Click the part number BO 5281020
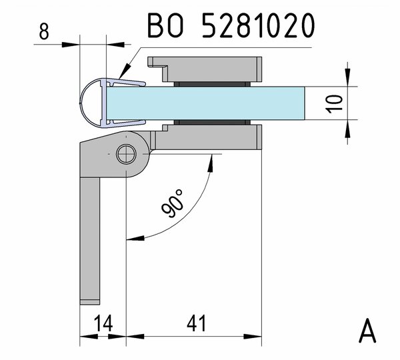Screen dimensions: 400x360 coord(231,26)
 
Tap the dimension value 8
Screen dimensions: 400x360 coord(44,32)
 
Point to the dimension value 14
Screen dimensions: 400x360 coord(103,323)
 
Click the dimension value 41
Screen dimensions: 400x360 coord(196,323)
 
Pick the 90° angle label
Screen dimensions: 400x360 coord(173,203)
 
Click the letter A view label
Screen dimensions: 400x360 coord(367,331)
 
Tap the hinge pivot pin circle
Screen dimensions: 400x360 coord(126,154)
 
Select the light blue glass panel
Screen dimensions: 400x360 coord(205,103)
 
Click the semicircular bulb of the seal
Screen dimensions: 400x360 coord(91,103)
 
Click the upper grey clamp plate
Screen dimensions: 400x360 coord(205,69)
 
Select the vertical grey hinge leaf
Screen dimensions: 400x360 coord(90,241)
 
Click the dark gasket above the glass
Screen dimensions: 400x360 coord(212,85)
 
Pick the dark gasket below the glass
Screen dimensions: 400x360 coord(212,122)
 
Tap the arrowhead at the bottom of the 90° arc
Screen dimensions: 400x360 coord(135,238)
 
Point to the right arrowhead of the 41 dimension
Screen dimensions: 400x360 coord(253,337)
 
